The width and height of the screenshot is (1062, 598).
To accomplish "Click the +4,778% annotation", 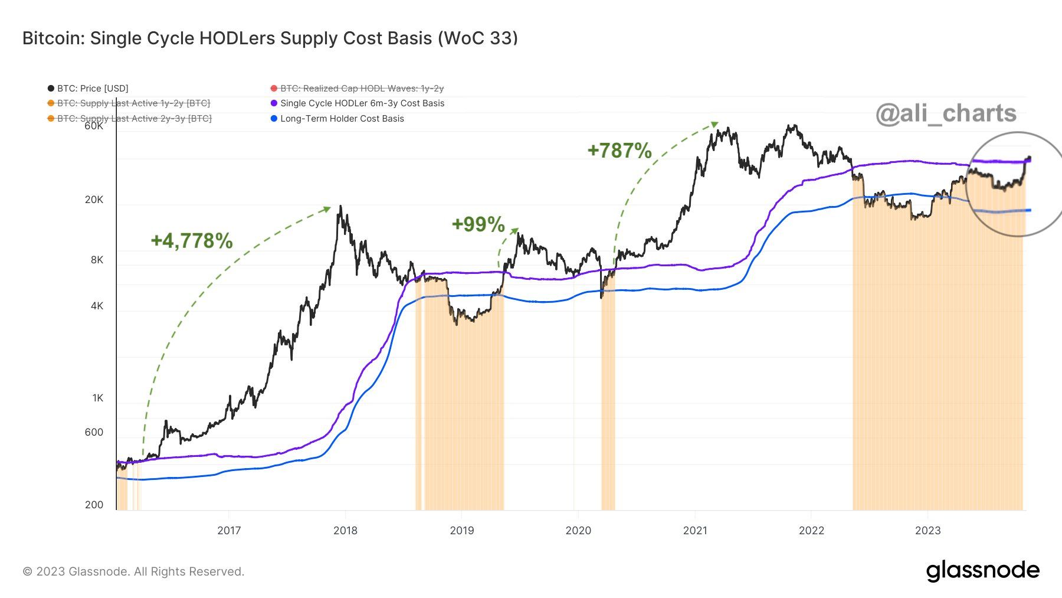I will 192,241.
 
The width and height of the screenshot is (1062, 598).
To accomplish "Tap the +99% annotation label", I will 478,224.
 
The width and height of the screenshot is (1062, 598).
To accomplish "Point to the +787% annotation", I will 619,151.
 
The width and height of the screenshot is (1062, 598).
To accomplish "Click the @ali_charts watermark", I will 946,113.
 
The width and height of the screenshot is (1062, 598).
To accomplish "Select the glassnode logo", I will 982,570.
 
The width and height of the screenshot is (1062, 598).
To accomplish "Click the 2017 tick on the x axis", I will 229,530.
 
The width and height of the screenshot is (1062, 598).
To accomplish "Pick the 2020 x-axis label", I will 578,530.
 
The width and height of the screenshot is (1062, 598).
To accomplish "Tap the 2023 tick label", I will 927,530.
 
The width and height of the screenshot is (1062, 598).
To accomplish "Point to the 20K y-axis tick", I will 94,200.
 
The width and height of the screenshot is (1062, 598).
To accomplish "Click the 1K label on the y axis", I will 97,398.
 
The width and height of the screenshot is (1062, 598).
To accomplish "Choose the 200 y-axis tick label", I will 94,505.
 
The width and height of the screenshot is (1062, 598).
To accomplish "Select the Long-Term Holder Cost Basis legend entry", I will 342,119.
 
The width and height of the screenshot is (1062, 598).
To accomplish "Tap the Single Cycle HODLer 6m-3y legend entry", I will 362,103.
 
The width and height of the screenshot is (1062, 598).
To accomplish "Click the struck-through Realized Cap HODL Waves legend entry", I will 362,89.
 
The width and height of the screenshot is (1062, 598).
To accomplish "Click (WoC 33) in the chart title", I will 478,38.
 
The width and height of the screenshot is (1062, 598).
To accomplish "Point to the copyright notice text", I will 133,571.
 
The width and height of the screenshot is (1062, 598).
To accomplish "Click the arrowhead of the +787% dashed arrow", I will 715,125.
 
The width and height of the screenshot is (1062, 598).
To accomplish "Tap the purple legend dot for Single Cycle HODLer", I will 274,103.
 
